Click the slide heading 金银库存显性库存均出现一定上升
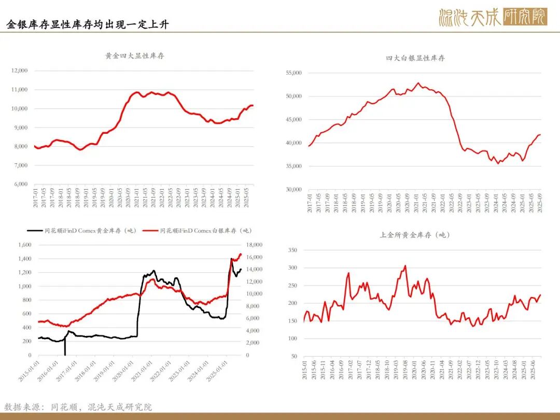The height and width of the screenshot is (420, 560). coord(88,24)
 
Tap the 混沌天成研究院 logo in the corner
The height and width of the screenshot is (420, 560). coord(492,17)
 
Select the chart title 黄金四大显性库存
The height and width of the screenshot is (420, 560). coord(135,56)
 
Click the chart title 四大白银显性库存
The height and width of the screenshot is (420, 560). coord(415,58)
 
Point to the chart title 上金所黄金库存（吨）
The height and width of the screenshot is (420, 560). coord(415,235)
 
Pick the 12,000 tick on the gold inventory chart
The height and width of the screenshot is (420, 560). coord(19,71)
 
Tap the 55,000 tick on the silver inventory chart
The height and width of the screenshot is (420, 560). coord(293,73)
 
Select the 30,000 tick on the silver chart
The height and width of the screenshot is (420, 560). coord(293,189)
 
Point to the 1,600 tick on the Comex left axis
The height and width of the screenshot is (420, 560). coord(23,245)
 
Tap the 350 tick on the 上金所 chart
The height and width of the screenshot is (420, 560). coord(292,250)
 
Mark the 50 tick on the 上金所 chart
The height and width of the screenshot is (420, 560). coord(293,356)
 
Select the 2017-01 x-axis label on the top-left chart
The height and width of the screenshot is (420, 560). coord(35,197)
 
